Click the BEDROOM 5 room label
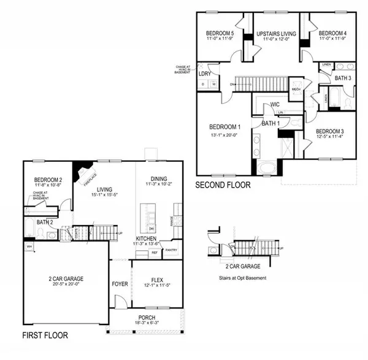[x=220, y=33]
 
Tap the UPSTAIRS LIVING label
[x=276, y=33]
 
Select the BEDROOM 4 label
[x=332, y=33]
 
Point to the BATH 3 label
[x=342, y=78]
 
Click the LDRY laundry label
[x=205, y=74]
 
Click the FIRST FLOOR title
[x=45, y=335]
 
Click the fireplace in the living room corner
[x=83, y=172]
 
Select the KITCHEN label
[x=147, y=238]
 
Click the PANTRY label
[x=171, y=250]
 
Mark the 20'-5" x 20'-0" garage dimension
[x=65, y=285]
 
